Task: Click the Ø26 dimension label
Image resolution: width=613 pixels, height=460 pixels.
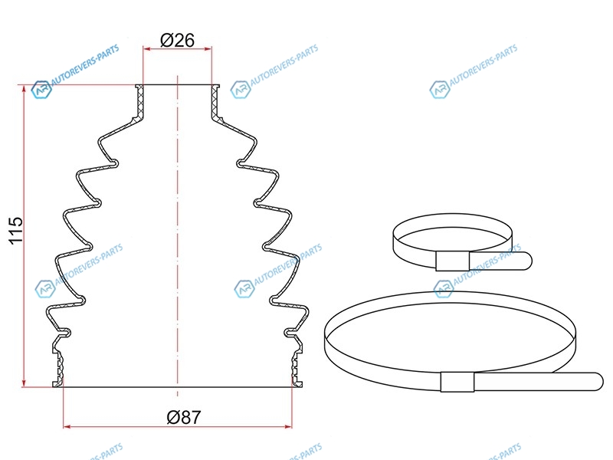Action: click(177, 40)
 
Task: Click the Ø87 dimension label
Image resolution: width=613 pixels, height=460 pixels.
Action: click(183, 417)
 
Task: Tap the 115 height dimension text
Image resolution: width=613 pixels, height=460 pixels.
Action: click(16, 231)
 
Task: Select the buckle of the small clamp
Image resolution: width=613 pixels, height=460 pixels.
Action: click(452, 261)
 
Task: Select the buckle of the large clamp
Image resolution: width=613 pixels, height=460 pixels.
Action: click(457, 382)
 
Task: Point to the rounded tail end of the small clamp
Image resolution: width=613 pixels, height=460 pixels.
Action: click(528, 261)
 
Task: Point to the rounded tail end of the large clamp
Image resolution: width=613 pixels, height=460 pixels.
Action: click(599, 381)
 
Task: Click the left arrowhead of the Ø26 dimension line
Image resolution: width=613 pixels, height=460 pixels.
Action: click(146, 49)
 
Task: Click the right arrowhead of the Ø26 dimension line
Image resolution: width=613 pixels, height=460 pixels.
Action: click(208, 49)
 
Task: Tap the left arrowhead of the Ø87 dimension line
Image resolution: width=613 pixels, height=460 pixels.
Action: click(67, 426)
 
